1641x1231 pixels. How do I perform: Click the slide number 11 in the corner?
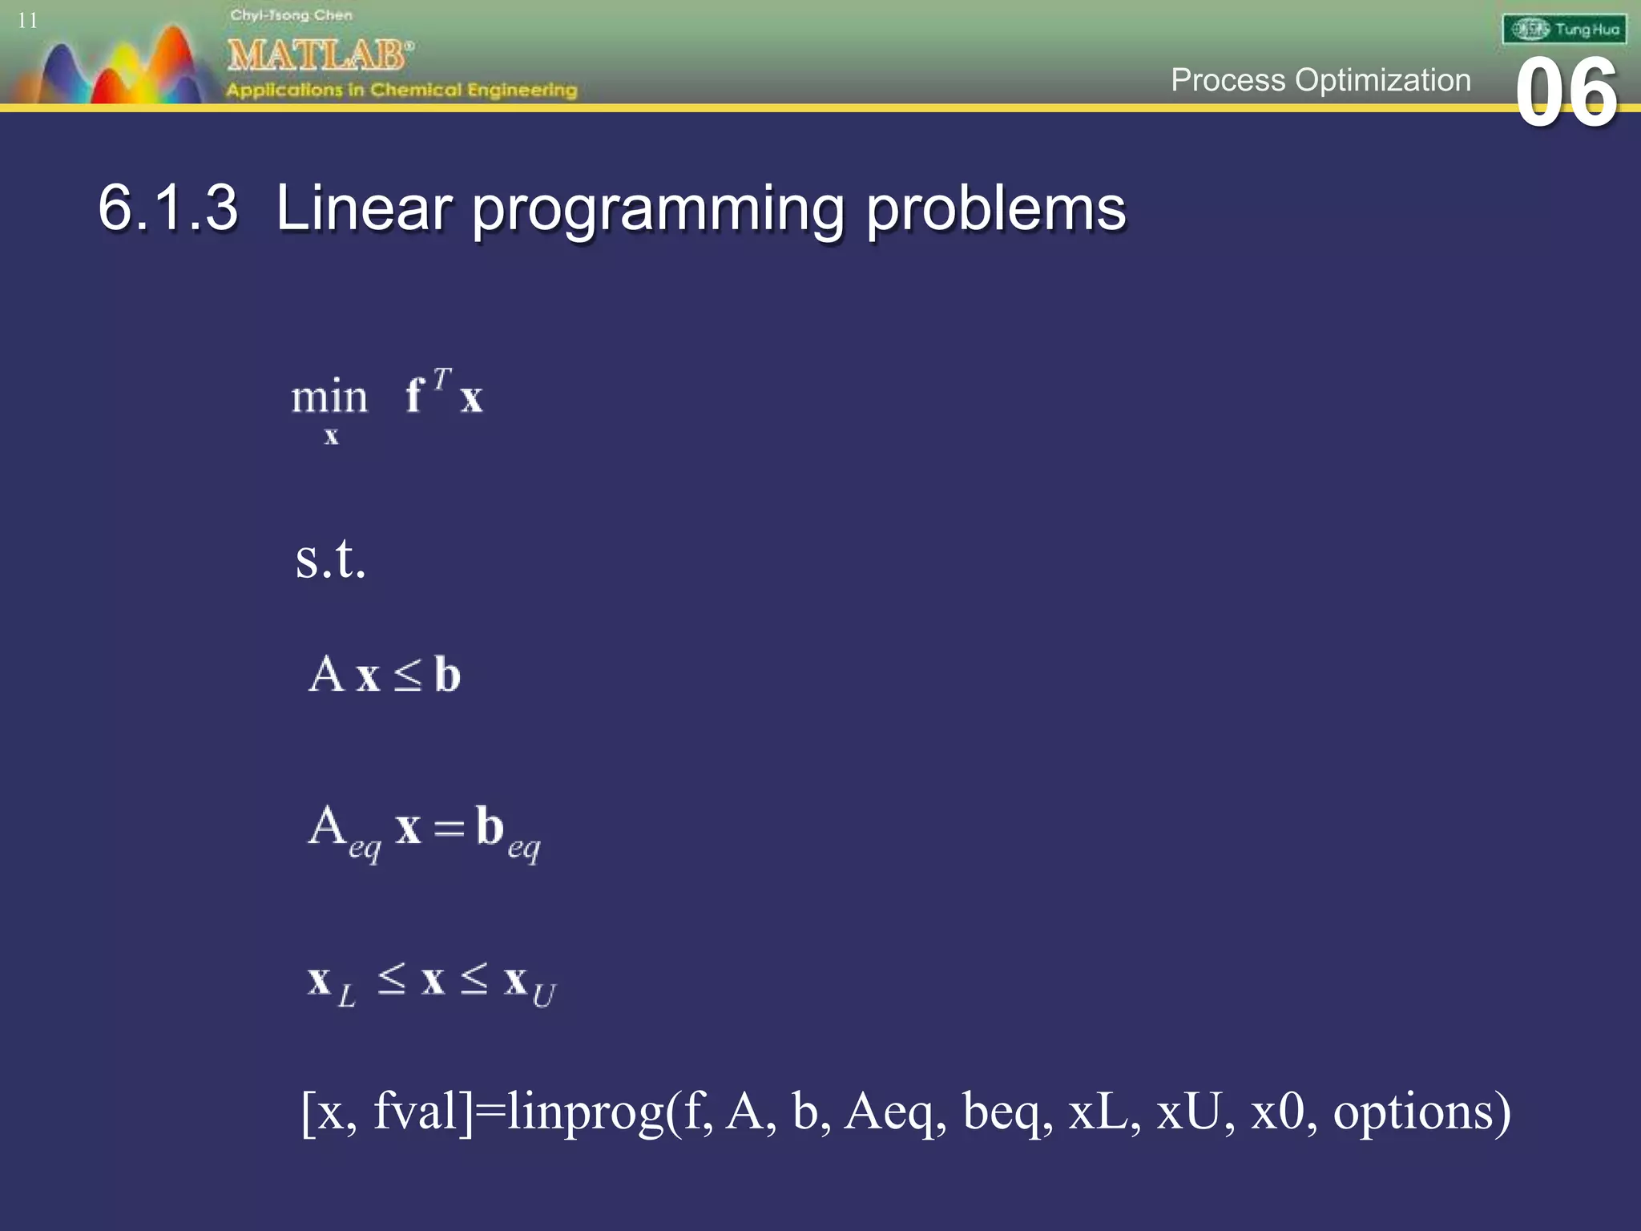pos(27,21)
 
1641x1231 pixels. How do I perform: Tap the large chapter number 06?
pos(1566,95)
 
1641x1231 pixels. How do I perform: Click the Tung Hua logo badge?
pos(1564,30)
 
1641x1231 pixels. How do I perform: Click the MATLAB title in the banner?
pos(319,55)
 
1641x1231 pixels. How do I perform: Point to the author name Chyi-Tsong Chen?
pos(291,15)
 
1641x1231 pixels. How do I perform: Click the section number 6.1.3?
pos(167,208)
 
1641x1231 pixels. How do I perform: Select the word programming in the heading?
pos(657,210)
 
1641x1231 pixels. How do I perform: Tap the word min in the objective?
pos(329,397)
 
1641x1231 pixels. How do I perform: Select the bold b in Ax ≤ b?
pos(447,674)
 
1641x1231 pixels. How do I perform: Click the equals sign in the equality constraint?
pos(449,828)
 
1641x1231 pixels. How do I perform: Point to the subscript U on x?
pos(544,995)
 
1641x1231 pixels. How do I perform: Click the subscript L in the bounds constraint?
pos(346,996)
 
